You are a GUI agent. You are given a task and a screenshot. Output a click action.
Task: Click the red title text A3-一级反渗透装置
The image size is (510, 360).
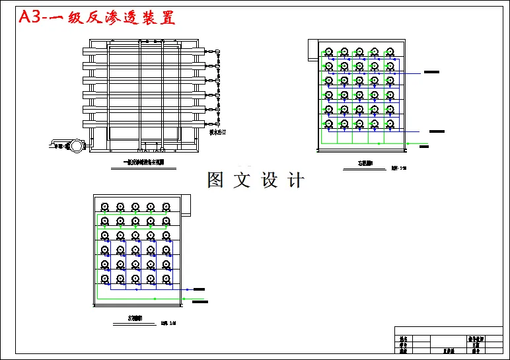[x=96, y=17]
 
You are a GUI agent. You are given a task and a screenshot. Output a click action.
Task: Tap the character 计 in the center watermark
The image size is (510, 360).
[x=295, y=180]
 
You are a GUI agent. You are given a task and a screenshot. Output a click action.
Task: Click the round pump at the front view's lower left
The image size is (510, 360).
[x=78, y=145]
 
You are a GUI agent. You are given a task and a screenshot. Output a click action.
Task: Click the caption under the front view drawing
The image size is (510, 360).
[x=144, y=162]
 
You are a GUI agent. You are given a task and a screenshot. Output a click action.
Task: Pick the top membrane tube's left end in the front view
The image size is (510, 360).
[x=87, y=52]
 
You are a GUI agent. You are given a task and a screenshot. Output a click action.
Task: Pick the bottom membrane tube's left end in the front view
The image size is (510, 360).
[x=87, y=124]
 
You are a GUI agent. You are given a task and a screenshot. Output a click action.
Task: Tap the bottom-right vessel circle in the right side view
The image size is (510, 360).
[x=390, y=124]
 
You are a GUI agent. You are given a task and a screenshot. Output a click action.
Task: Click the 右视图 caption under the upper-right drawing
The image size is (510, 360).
[x=365, y=162]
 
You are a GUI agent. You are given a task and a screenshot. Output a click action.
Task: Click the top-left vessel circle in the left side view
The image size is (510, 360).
[x=104, y=206]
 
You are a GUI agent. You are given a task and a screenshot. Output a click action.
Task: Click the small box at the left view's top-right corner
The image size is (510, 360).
[x=186, y=205]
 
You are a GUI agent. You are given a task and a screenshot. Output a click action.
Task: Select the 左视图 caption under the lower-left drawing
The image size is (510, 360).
[x=136, y=318]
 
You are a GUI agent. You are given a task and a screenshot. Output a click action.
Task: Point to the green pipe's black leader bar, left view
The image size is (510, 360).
[x=200, y=301]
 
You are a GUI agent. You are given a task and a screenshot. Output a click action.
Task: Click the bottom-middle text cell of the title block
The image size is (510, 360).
[x=449, y=351]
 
